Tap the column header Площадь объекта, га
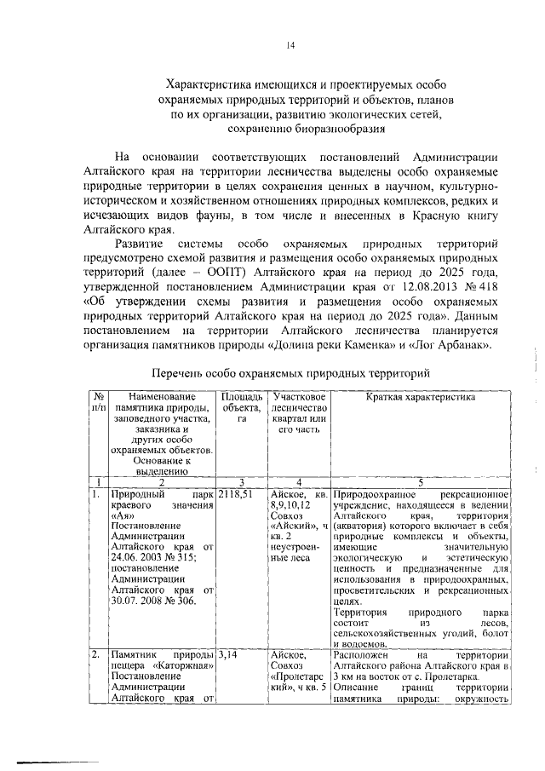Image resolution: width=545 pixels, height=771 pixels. click(241, 408)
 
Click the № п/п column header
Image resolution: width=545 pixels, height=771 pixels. click(100, 402)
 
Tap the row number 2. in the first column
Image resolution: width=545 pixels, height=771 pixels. click(96, 655)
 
